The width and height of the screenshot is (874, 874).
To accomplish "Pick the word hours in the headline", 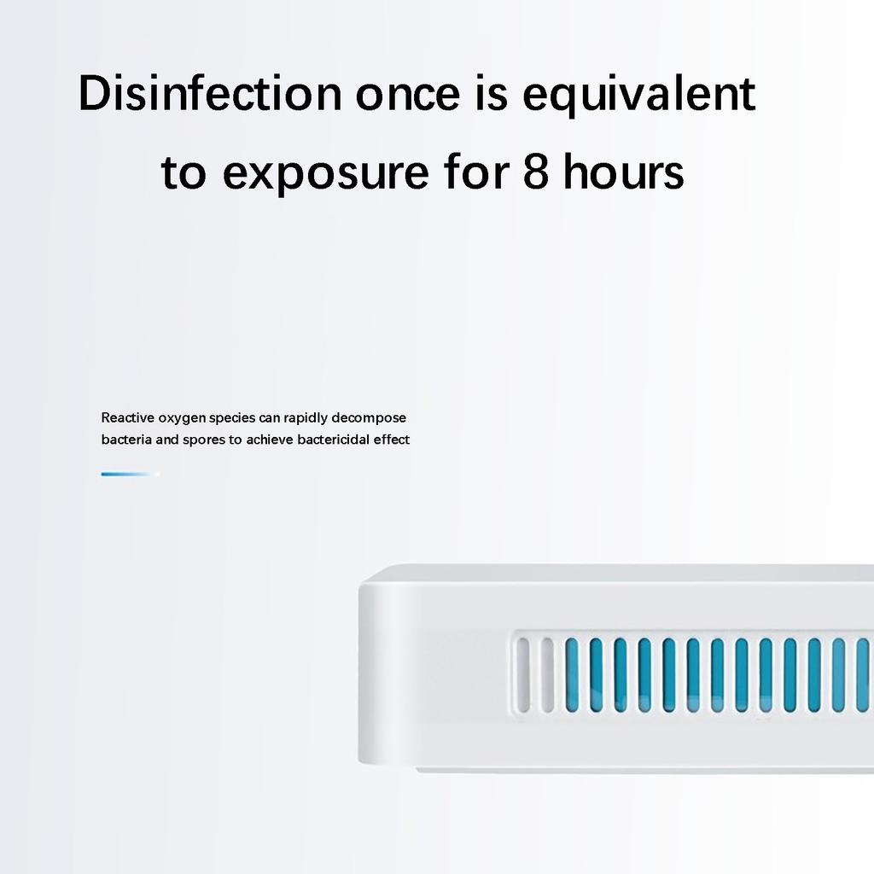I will pos(624,172).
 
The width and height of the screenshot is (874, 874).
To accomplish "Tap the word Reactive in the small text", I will pos(127,418).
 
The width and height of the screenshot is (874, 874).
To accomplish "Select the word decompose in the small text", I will pos(369,418).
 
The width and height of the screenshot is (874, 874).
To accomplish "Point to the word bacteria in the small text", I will pos(126,440).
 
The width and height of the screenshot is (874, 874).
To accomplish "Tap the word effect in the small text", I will pos(392,440).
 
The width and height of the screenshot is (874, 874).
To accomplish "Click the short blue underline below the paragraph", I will pos(130,474).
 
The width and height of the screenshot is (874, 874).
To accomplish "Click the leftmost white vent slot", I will pos(523,674).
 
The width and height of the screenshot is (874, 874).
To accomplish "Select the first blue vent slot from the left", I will pos(572,674).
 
